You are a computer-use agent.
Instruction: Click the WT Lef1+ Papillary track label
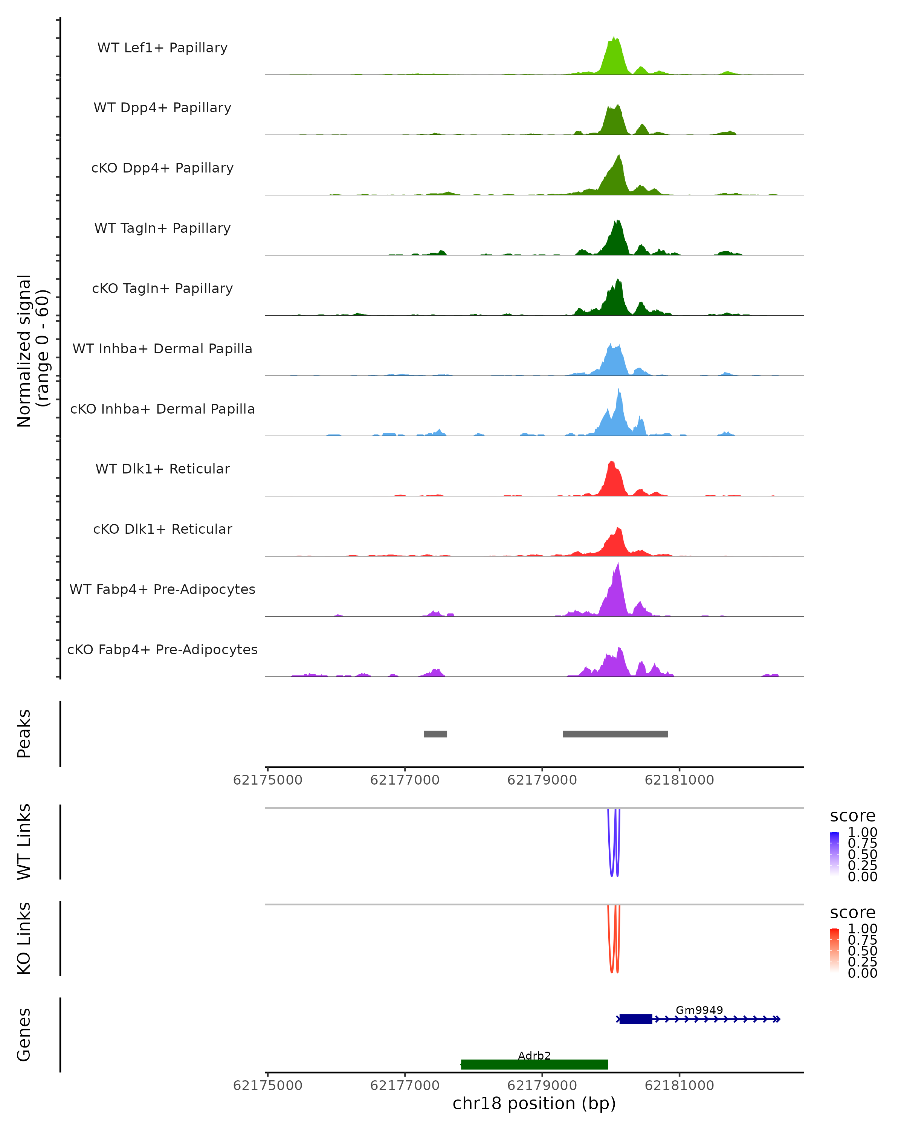(x=162, y=48)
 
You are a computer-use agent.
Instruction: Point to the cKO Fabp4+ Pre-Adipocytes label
(x=162, y=649)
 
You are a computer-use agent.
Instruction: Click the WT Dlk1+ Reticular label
(x=162, y=469)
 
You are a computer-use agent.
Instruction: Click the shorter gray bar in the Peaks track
(x=435, y=734)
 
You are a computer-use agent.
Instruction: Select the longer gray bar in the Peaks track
(x=615, y=734)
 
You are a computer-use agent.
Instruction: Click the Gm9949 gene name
(x=699, y=1010)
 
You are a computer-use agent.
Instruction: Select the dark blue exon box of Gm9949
(x=636, y=1019)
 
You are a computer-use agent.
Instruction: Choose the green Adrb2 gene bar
(x=534, y=1064)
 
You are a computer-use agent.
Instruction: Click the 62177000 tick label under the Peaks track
(x=405, y=780)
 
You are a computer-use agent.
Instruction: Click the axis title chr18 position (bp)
(x=534, y=1104)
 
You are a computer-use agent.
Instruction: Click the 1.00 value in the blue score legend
(x=862, y=832)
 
